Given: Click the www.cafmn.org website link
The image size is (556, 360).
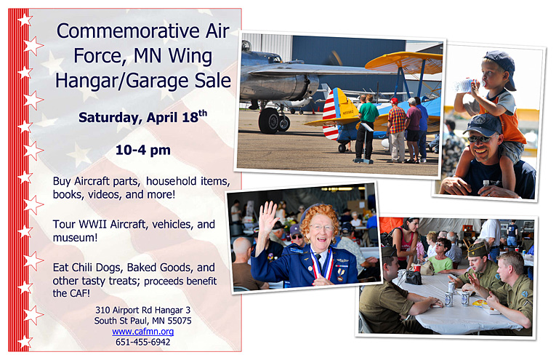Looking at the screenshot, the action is [143, 331].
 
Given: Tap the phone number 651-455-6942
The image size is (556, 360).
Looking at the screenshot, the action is [143, 342].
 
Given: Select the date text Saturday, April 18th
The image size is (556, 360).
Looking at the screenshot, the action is [143, 116].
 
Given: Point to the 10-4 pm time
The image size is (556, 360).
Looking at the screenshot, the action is [143, 150].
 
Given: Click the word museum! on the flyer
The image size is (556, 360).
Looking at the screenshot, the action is [75, 238].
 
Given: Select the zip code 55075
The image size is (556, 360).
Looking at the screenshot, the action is [180, 321].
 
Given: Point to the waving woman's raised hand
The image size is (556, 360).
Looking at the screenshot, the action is [267, 216].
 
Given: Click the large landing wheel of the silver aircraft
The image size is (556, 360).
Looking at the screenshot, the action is [268, 121].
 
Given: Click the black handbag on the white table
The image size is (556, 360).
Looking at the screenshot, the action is [414, 277].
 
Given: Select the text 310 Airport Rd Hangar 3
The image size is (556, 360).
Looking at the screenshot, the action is [143, 311].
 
